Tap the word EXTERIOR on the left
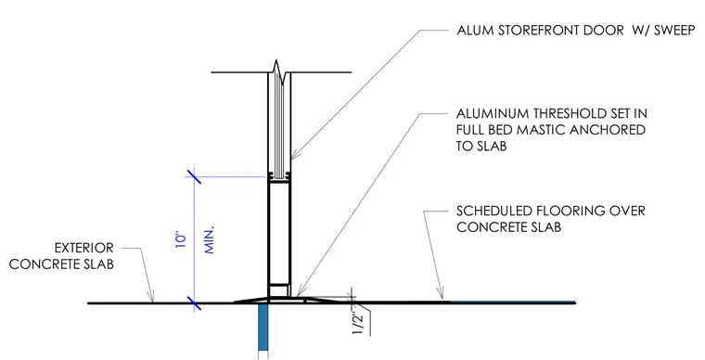(x=84, y=248)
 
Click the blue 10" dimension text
(x=180, y=240)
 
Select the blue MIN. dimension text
(x=209, y=240)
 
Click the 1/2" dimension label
(x=357, y=321)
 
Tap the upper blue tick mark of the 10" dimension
(x=194, y=175)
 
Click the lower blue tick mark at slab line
(x=194, y=303)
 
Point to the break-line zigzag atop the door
(x=279, y=72)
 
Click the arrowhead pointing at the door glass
(x=294, y=155)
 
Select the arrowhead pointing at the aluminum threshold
(x=301, y=291)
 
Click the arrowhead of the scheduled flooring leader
(x=441, y=294)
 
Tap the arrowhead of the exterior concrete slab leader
(x=151, y=297)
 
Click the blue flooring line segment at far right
(x=513, y=302)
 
